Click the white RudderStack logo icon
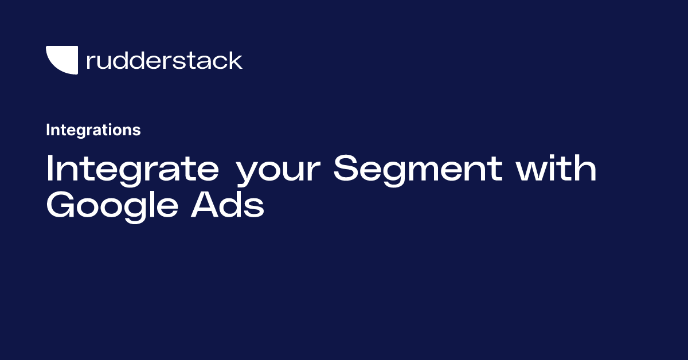click(61, 60)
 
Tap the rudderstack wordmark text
click(164, 60)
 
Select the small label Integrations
click(93, 130)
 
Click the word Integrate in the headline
click(132, 169)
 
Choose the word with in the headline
click(556, 169)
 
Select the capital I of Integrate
click(49, 169)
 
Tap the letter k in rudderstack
click(236, 60)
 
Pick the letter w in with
click(530, 172)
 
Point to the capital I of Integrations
click(48, 130)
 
